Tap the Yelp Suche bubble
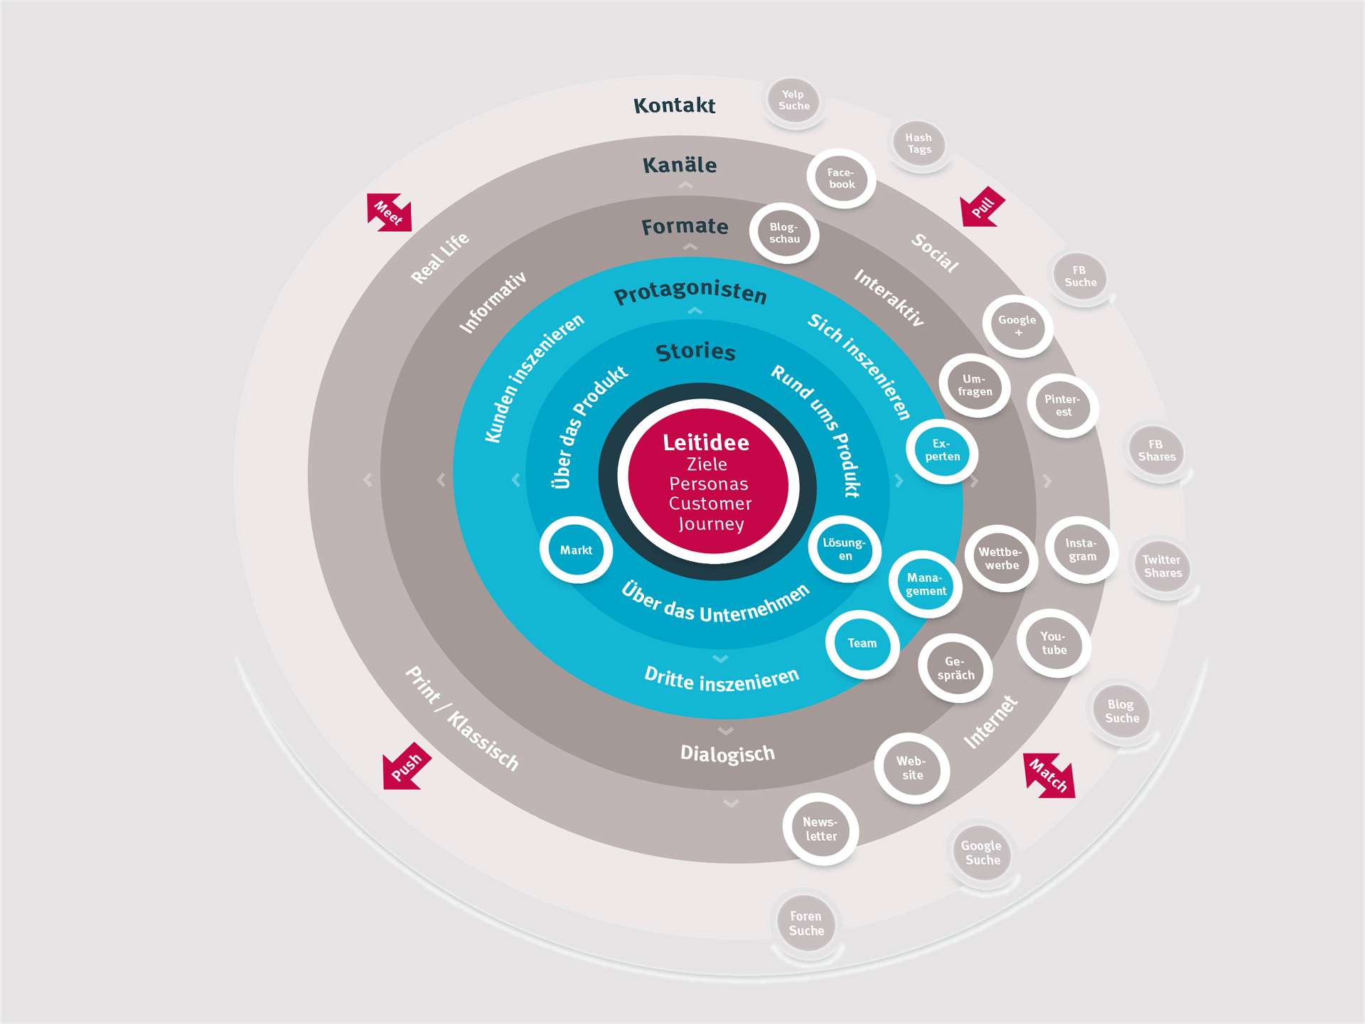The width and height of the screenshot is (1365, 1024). [793, 100]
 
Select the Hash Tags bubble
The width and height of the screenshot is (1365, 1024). [919, 144]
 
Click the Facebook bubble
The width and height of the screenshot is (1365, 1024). [841, 178]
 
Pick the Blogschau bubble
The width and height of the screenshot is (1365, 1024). [784, 233]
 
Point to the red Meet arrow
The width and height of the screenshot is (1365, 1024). [389, 212]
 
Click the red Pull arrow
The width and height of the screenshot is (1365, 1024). [983, 207]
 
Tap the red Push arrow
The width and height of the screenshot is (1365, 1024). [406, 767]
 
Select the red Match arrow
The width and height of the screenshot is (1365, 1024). [1049, 775]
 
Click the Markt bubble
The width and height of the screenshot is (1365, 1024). [576, 550]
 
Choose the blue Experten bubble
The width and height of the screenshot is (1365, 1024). [942, 451]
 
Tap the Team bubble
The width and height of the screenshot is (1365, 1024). [862, 644]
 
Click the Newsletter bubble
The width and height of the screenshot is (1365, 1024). [820, 829]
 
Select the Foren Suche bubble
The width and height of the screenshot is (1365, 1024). [806, 924]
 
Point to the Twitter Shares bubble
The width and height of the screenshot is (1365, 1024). [1162, 567]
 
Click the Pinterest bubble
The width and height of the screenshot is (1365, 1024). [1063, 405]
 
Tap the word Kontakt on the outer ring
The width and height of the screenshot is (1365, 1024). [674, 105]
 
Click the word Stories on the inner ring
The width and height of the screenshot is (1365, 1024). [695, 351]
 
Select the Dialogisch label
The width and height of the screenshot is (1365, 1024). [727, 753]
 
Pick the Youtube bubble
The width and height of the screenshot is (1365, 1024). [1054, 643]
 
